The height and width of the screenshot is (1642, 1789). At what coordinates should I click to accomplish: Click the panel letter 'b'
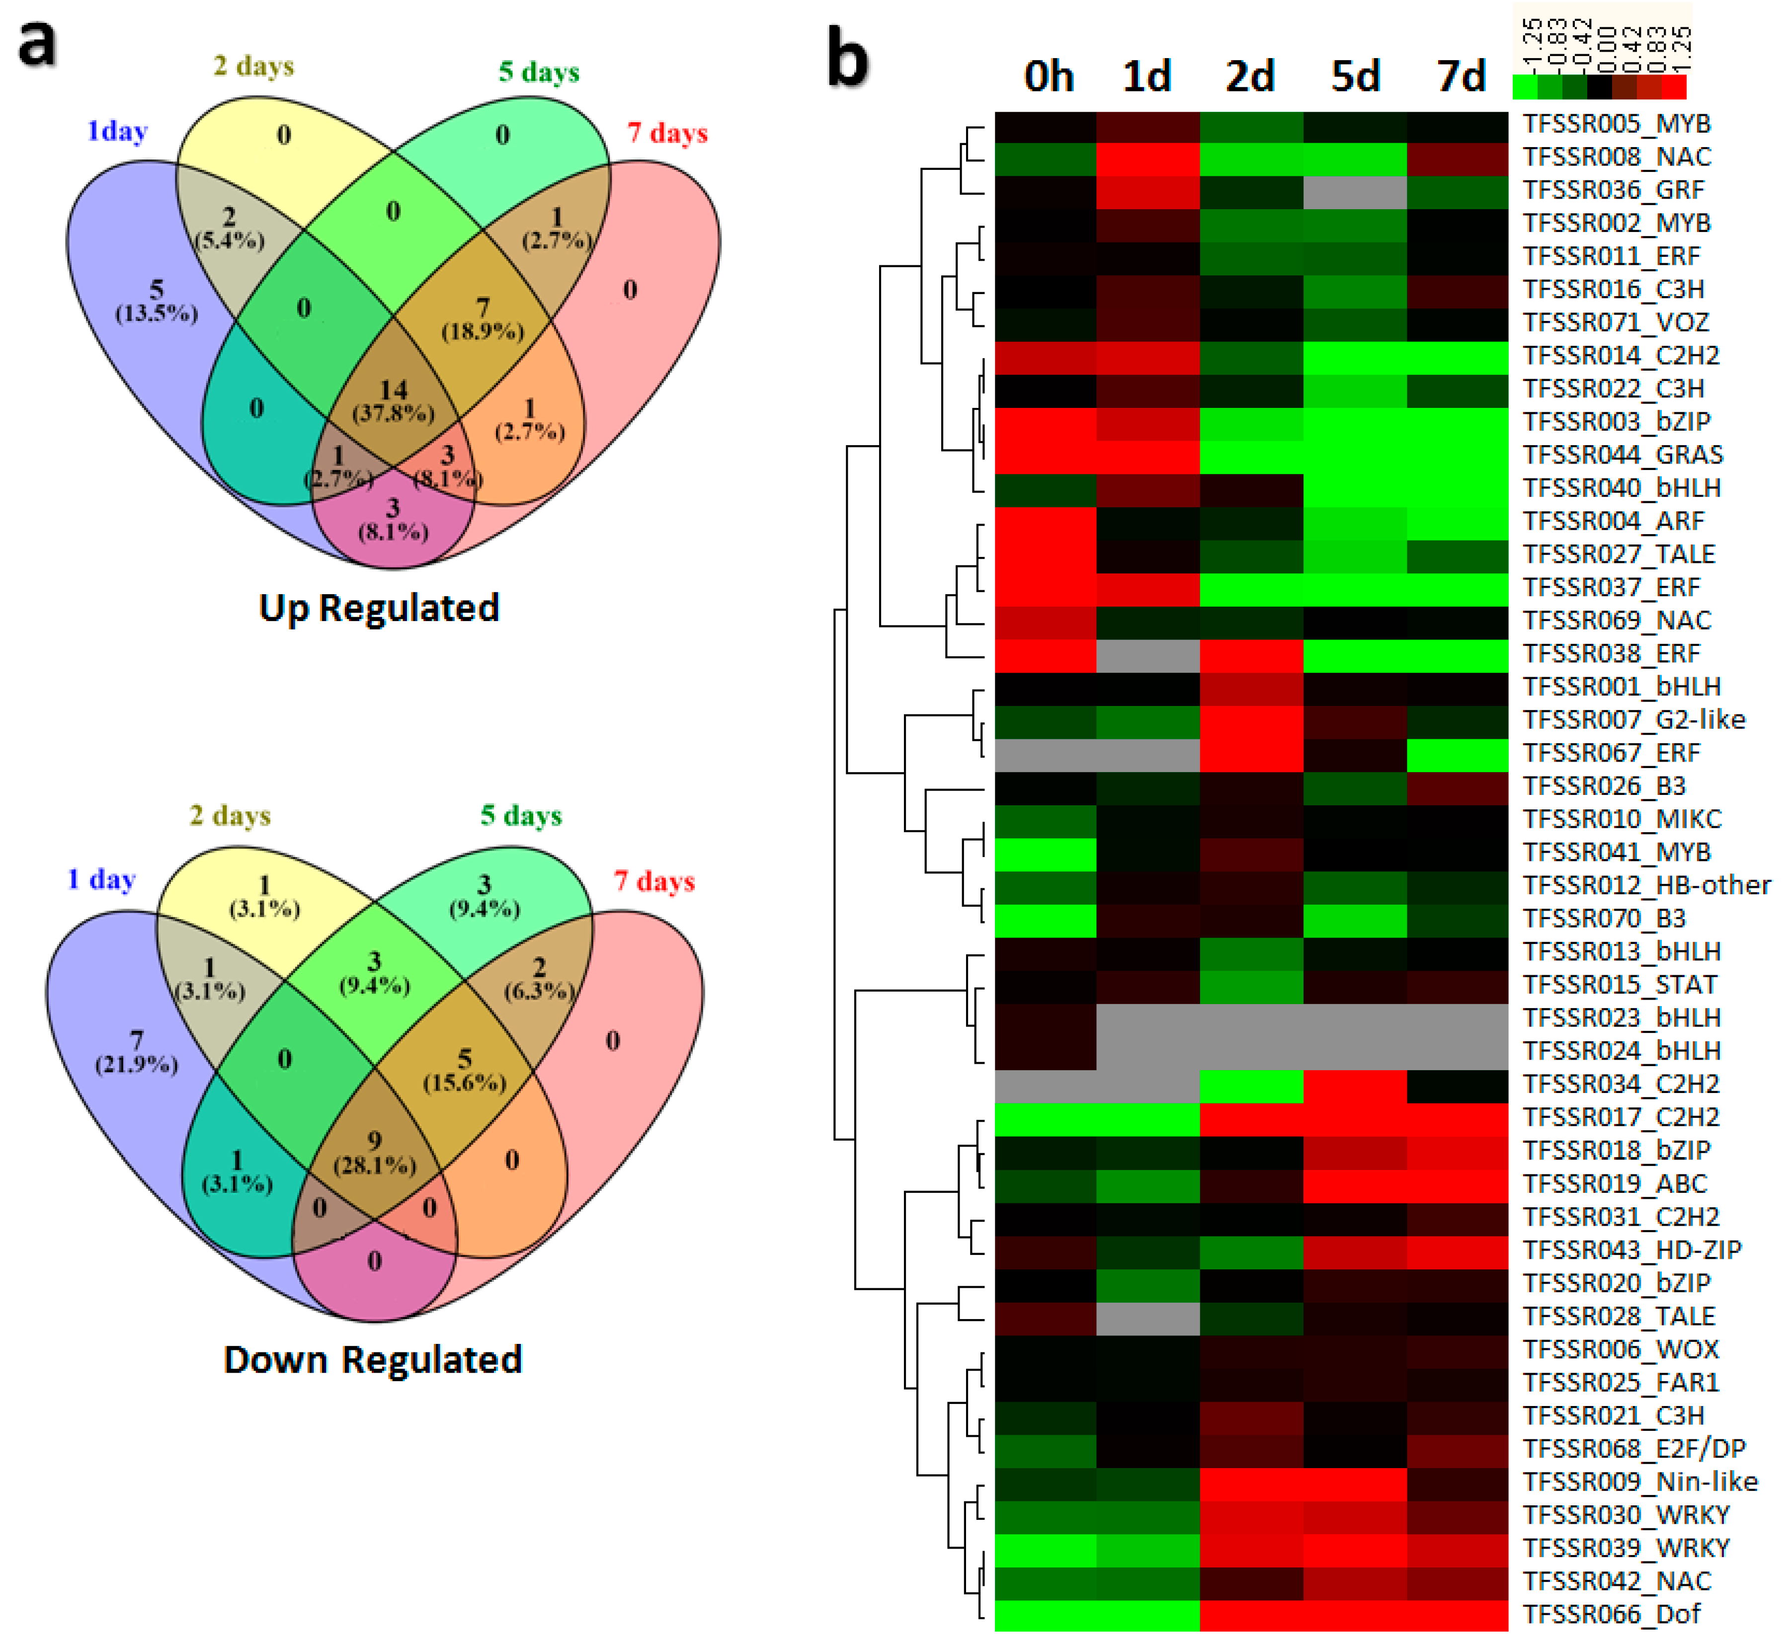click(x=847, y=59)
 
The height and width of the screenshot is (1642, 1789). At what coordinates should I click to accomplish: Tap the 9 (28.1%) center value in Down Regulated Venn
click(x=374, y=1152)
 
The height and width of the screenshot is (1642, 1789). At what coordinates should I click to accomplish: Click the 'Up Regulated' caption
click(x=379, y=608)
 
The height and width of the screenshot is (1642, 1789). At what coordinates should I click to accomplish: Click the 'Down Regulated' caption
click(x=372, y=1359)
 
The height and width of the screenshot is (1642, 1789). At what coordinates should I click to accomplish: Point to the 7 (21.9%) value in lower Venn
click(x=136, y=1052)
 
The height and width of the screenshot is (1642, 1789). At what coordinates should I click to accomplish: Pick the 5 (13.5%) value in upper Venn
click(x=157, y=300)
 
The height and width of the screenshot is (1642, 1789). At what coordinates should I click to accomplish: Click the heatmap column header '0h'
click(x=1049, y=77)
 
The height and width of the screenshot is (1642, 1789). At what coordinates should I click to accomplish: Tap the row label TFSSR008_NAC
click(x=1617, y=157)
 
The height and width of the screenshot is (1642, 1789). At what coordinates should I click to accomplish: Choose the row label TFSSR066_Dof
click(x=1611, y=1615)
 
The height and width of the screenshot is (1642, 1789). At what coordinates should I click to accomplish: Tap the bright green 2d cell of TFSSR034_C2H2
click(x=1250, y=1084)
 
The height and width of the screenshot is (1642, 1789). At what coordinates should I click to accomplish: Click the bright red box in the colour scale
click(x=1674, y=86)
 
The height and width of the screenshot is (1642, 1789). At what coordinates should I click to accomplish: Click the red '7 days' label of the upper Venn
click(x=667, y=133)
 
